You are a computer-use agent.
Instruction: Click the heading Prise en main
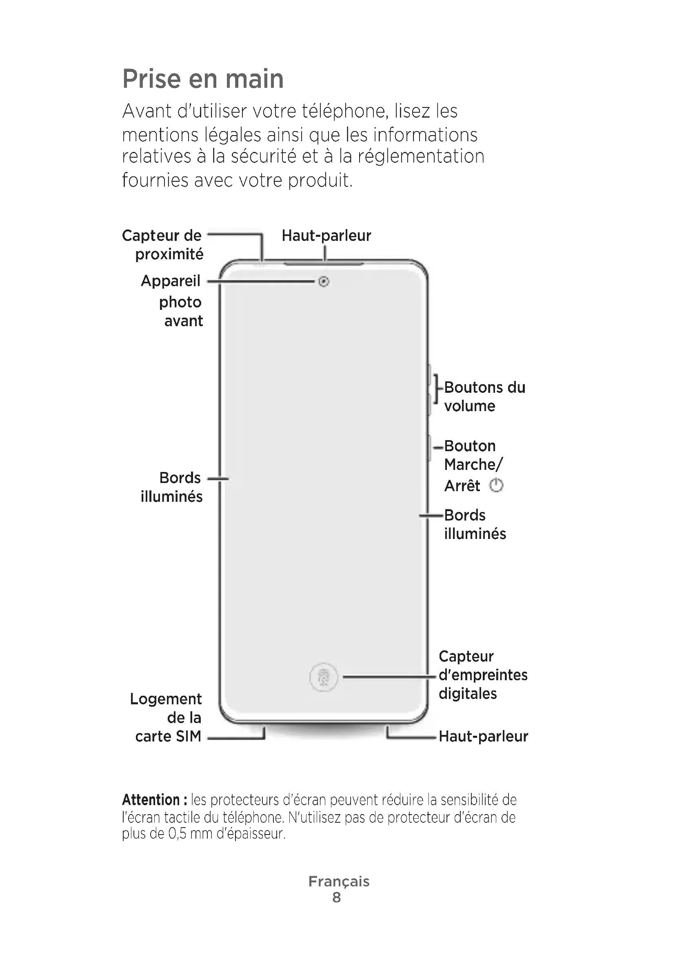point(203,79)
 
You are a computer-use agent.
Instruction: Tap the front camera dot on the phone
point(324,282)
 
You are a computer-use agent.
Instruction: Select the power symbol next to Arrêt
point(496,485)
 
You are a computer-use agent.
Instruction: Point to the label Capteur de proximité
point(163,245)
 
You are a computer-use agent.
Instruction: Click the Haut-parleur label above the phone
point(326,236)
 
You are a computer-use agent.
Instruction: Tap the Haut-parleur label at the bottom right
point(483,736)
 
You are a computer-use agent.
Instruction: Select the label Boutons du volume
point(484,396)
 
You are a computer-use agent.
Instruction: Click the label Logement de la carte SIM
point(166,717)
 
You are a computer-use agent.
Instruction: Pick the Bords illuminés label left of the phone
point(172,487)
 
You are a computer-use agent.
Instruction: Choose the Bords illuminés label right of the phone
point(475,525)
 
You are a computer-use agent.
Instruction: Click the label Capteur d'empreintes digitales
point(482,675)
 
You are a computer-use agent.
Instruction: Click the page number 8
point(337,897)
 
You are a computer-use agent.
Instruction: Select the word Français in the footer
point(339,881)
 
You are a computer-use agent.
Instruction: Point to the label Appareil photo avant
point(172,301)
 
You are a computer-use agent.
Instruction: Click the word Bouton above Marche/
point(470,446)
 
